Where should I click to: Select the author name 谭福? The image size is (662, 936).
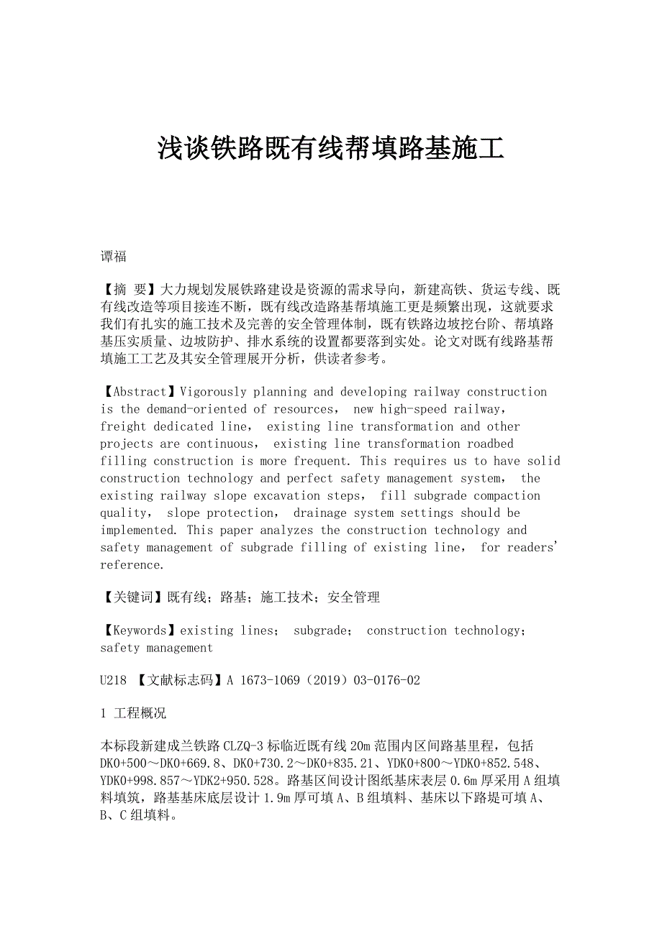(113, 257)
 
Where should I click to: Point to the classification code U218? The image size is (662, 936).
(113, 679)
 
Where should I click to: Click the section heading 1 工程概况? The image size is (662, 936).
(133, 713)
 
